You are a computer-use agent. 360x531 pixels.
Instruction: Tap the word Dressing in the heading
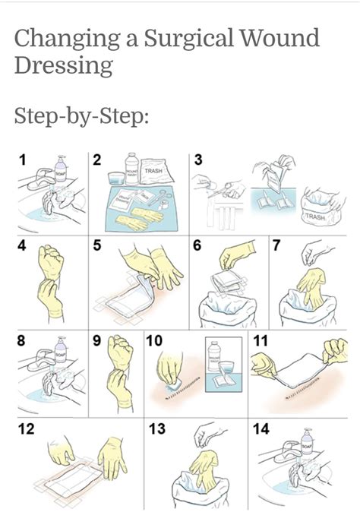63,65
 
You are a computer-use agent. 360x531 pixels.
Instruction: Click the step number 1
24,160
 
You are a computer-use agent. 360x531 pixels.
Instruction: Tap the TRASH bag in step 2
155,172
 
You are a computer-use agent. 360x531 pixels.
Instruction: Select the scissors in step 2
160,200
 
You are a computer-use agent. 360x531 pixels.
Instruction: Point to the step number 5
96,245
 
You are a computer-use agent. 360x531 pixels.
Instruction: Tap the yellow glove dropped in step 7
308,288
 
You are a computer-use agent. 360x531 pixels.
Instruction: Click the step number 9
96,341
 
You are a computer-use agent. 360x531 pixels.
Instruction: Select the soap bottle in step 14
307,441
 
